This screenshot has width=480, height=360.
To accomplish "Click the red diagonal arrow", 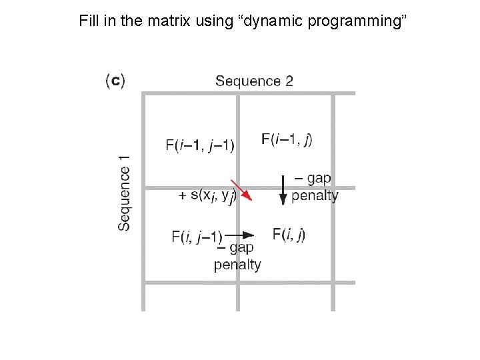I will click(241, 190).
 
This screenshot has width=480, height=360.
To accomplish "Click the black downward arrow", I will click(283, 189).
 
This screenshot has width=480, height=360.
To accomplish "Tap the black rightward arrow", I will click(239, 235).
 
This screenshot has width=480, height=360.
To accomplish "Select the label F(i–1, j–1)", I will click(199, 145).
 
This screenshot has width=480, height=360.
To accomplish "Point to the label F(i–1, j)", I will click(287, 139).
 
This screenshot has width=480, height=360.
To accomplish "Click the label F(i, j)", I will click(289, 234).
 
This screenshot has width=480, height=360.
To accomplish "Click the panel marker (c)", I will click(115, 81).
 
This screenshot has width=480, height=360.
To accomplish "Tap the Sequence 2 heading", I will click(254, 81).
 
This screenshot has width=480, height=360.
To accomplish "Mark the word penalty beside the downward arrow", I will click(315, 196).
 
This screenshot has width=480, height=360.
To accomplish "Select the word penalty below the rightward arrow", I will click(237, 265).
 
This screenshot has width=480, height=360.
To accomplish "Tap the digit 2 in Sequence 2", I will click(289, 81).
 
